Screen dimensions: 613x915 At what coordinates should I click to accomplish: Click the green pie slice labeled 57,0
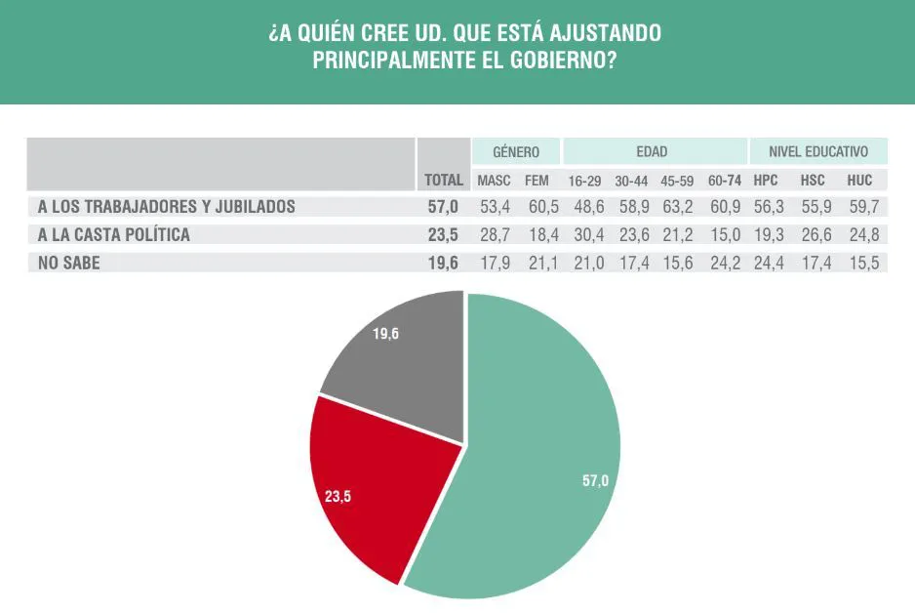(x=546, y=459)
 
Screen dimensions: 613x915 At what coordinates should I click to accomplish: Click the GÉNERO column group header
(x=516, y=152)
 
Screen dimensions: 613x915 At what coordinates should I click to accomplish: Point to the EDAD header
(x=652, y=152)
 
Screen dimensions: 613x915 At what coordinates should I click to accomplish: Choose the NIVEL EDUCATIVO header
(x=817, y=152)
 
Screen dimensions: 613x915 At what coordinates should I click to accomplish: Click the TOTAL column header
(x=444, y=181)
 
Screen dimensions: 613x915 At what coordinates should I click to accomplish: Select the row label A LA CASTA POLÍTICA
(x=113, y=235)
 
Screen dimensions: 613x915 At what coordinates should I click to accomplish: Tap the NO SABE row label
(x=70, y=263)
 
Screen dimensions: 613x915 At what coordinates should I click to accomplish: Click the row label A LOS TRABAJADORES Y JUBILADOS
(x=166, y=207)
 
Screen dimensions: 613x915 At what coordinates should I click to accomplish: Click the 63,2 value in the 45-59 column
(x=676, y=207)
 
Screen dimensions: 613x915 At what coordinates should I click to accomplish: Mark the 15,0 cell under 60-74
(x=725, y=235)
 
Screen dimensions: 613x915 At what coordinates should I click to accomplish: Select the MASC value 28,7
(x=494, y=235)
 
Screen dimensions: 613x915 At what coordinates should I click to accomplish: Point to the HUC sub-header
(x=859, y=181)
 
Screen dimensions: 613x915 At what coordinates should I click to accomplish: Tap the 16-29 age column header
(x=584, y=181)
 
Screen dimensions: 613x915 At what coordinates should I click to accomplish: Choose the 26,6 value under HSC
(x=814, y=235)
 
